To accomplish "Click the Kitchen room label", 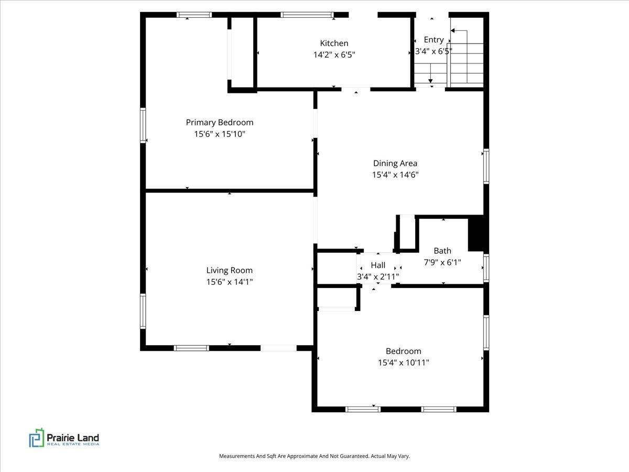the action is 334,44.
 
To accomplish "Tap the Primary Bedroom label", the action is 220,123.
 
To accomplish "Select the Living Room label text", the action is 229,271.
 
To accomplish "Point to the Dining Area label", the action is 395,163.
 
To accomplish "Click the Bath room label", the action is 442,251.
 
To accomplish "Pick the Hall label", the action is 378,265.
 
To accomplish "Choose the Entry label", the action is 433,40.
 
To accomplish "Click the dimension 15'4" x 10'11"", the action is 404,362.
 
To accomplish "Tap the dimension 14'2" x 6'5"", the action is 334,55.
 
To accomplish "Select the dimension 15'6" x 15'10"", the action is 220,134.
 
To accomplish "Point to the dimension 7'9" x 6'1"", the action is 442,262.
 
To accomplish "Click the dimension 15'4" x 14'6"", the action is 395,175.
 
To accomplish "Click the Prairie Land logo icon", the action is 37,437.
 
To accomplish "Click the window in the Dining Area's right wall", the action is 486,166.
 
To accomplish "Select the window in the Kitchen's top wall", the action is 307,15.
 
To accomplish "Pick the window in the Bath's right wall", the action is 486,268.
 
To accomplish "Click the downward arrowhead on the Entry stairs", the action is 430,81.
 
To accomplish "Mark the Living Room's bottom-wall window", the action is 191,348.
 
